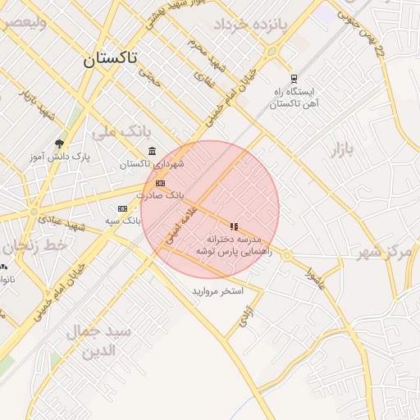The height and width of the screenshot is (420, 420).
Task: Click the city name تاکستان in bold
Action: [x=110, y=59]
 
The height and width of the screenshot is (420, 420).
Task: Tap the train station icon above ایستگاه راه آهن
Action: [x=294, y=80]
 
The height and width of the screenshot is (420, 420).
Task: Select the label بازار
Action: [x=345, y=149]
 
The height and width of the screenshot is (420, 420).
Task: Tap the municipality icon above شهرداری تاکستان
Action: [x=152, y=150]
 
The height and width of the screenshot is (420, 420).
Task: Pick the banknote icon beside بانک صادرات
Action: [x=160, y=183]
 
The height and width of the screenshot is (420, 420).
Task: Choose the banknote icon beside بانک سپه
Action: [x=123, y=208]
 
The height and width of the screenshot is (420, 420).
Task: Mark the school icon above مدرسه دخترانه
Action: [x=234, y=226]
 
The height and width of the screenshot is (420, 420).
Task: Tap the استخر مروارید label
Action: [x=217, y=291]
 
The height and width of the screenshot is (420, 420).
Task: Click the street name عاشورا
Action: [x=315, y=277]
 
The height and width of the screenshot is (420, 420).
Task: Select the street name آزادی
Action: [x=246, y=316]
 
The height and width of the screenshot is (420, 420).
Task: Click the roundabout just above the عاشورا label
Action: [x=286, y=256]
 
